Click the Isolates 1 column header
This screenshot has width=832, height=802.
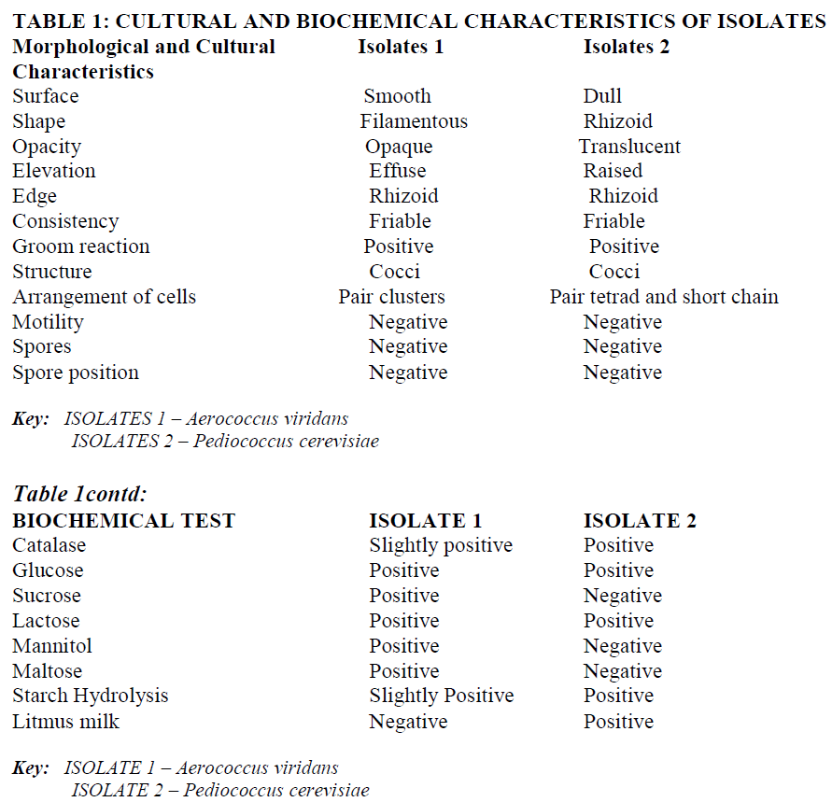coord(401,47)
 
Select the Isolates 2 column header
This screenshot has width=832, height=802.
coord(627,47)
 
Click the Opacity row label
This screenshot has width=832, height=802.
coord(47,147)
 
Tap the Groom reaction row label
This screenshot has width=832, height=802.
coord(81,246)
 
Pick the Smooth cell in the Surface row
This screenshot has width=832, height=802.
coord(397,96)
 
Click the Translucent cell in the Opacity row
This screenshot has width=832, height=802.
coord(629,147)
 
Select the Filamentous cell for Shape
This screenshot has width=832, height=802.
coord(414,121)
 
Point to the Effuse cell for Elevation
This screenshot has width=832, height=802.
coord(398,171)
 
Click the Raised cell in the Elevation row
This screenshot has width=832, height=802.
coord(613,171)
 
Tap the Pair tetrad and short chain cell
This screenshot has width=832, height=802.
coord(664,297)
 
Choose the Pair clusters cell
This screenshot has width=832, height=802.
coord(391,297)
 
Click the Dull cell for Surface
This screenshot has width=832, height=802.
coord(602,96)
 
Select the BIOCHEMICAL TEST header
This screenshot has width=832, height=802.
coord(124,521)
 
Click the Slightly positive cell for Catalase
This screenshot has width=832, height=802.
coord(441,545)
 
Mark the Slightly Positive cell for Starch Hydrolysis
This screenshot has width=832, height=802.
coord(441,696)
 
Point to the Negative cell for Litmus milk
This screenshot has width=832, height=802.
coord(408,722)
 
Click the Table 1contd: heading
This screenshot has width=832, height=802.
coord(80,495)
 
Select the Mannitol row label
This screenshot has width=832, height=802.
coord(52,646)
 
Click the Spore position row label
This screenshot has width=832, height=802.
coord(76,373)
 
